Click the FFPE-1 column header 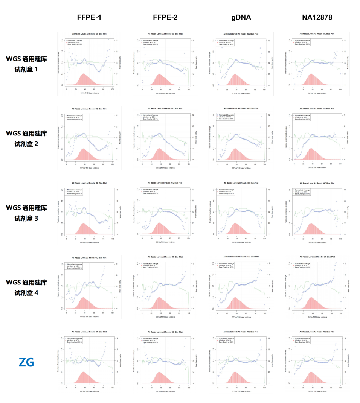point(89,17)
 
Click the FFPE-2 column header point(165,17)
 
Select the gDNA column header point(241,17)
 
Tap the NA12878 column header point(317,17)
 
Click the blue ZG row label point(26,362)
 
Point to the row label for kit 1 point(26,64)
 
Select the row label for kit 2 point(26,138)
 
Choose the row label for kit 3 point(26,213)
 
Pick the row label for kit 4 point(26,287)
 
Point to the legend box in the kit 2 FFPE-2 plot point(150,117)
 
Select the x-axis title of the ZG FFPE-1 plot point(89,392)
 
